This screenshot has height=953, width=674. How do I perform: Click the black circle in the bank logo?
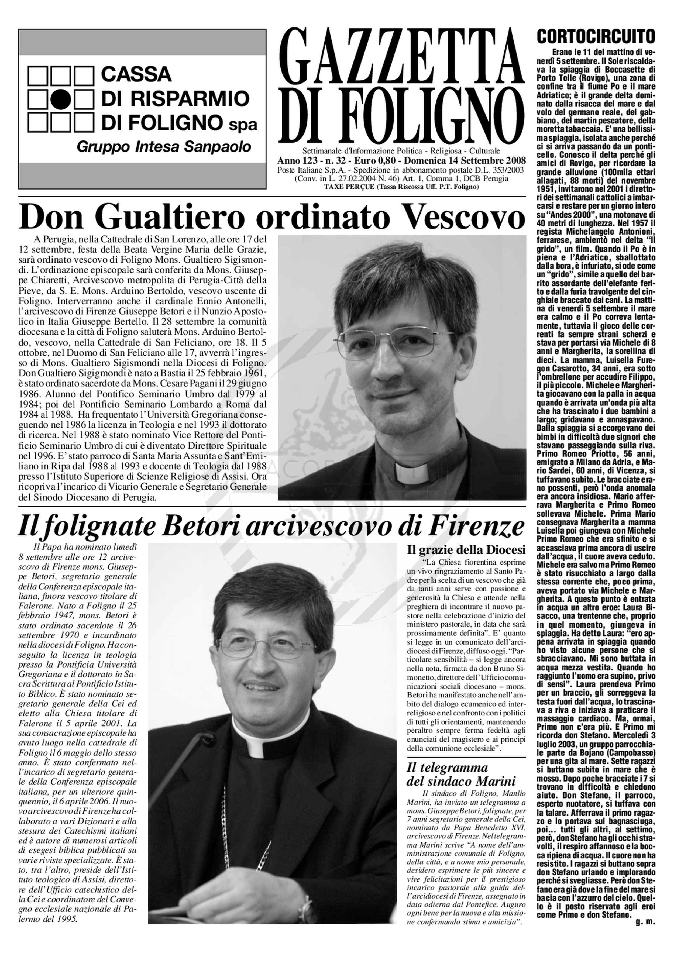pyautogui.click(x=61, y=100)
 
